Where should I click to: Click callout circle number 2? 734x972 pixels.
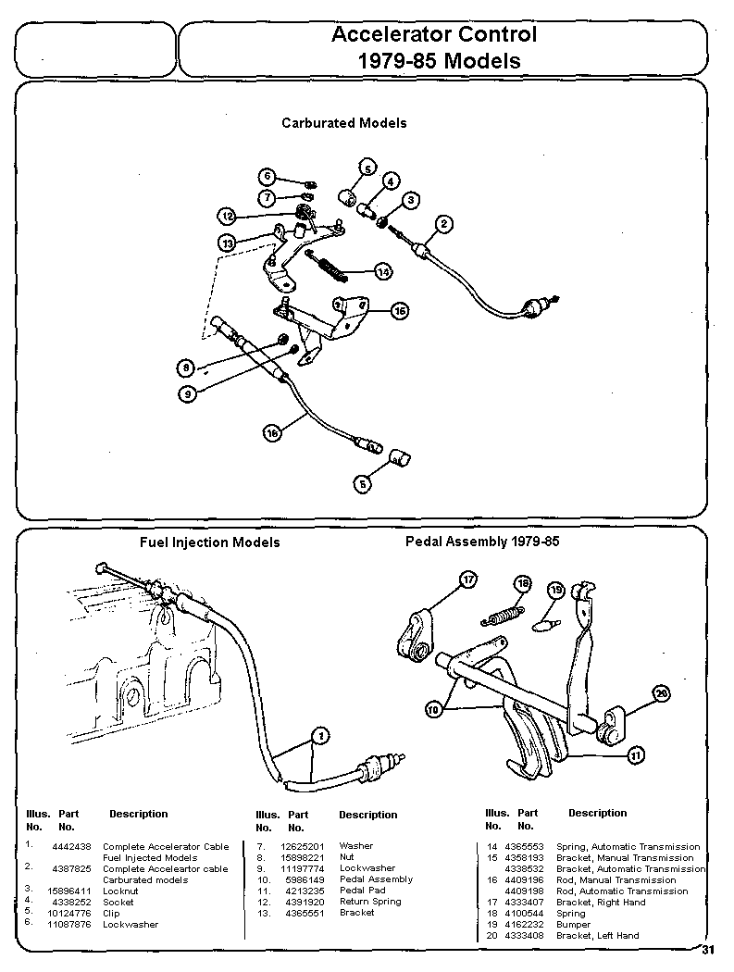[x=444, y=223]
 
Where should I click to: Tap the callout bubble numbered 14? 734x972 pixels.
[x=383, y=271]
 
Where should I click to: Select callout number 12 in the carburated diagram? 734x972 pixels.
[x=227, y=216]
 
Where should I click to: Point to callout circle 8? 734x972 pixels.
[x=186, y=368]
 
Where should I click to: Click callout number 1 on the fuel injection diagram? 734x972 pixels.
[x=319, y=736]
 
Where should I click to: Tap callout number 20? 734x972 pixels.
[x=661, y=693]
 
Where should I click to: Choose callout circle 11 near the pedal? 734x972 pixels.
[x=635, y=755]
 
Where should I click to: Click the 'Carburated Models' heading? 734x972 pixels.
[x=343, y=122]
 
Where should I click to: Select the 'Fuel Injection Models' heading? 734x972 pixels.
[x=209, y=542]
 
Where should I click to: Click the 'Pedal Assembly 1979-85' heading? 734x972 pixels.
[x=482, y=541]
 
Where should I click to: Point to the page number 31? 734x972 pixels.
[x=708, y=949]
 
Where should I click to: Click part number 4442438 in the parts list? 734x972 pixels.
[x=71, y=846]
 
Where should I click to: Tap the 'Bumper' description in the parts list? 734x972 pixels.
[x=573, y=925]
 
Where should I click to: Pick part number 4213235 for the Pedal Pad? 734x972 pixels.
[x=304, y=891]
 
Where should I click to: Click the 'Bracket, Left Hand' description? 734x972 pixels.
[x=597, y=936]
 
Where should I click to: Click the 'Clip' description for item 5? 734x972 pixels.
[x=111, y=913]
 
